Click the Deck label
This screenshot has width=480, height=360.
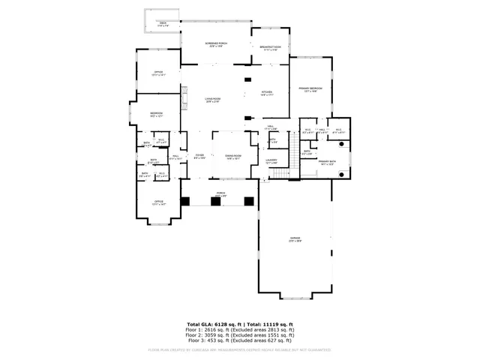tap(163, 24)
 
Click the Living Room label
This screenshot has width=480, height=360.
tap(213, 100)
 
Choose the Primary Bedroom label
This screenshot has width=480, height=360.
tap(310, 89)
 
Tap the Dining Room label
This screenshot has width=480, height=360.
tap(233, 156)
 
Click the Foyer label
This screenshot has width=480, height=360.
tap(199, 156)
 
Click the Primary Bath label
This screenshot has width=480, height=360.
tap(326, 163)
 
